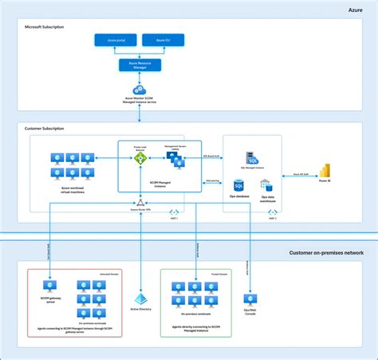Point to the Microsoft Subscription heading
[x=45, y=27]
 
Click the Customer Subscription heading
[x=45, y=128]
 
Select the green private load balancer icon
[x=140, y=159]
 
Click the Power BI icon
[x=325, y=170]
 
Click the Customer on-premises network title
[x=326, y=252]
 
